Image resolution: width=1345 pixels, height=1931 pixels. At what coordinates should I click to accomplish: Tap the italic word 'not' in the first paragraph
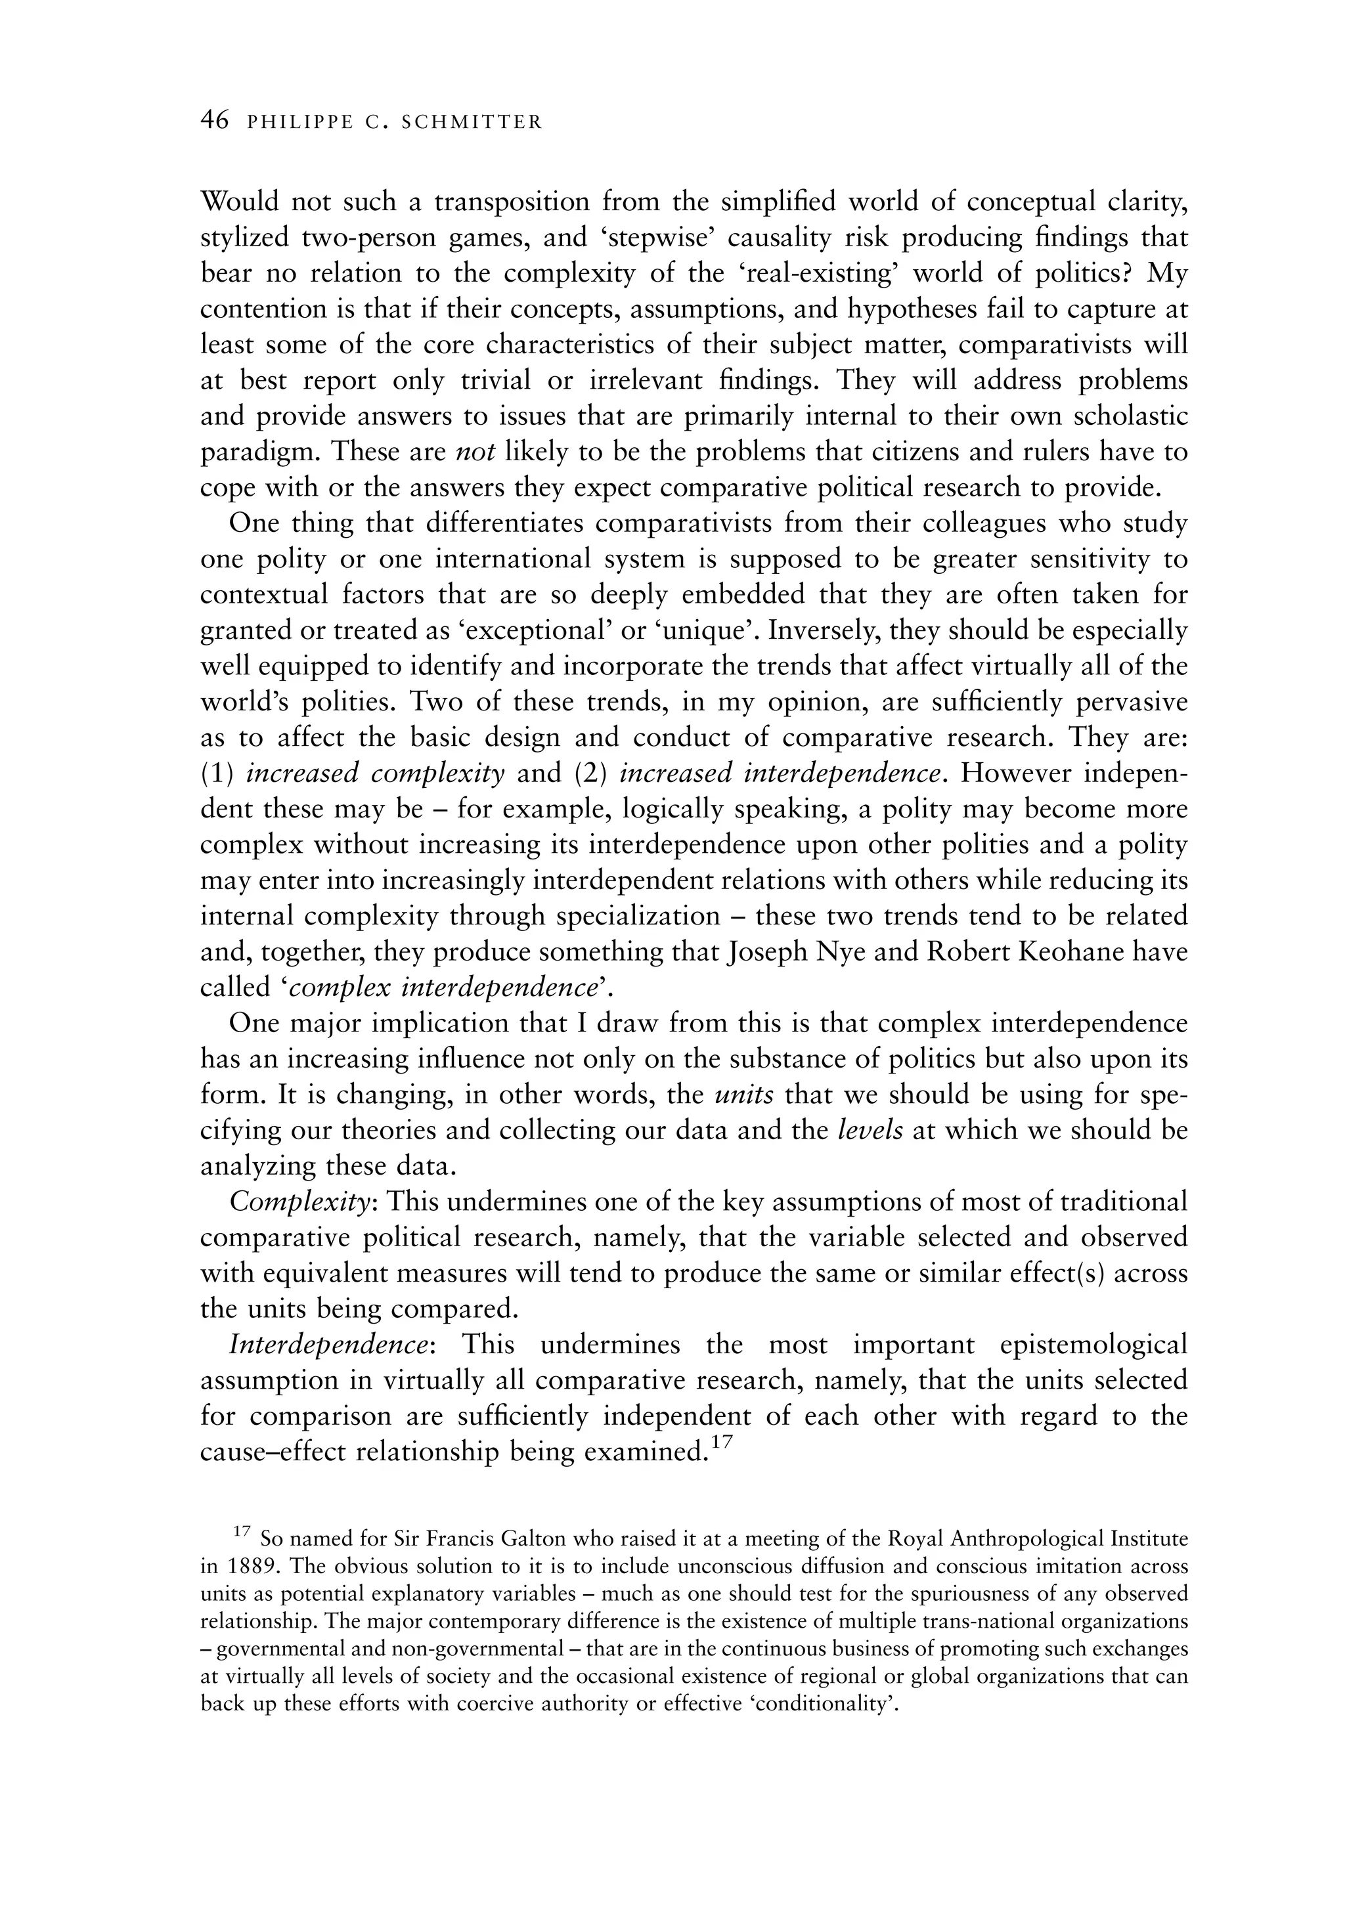(474, 453)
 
